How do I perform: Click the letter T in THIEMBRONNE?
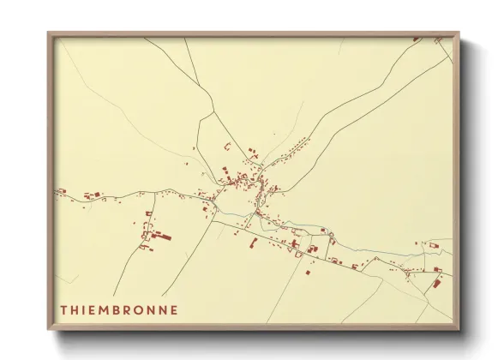tap(63, 309)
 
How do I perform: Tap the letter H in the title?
tap(77, 309)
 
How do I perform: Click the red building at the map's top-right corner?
tap(417, 39)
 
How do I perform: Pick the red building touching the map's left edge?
tap(61, 191)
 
